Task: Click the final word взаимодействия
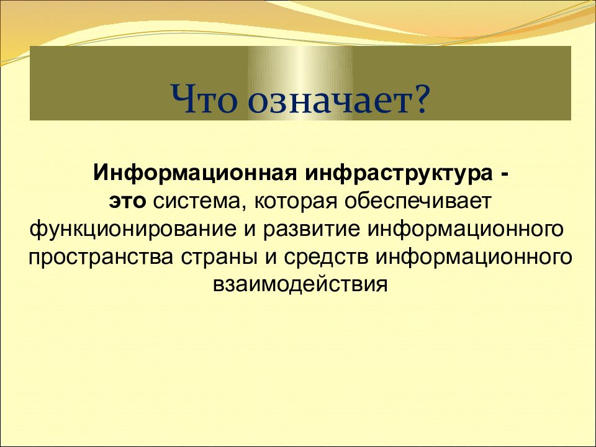point(300,284)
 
